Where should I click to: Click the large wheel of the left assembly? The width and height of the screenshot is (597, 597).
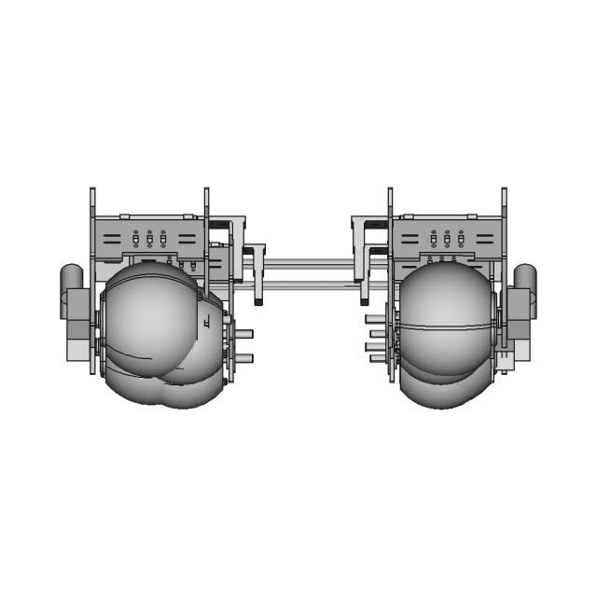(x=154, y=322)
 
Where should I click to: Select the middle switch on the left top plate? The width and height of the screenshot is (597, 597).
(x=149, y=239)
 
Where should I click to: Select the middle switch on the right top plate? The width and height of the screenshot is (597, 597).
(x=447, y=239)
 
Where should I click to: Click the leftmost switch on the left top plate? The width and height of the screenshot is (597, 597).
(x=136, y=239)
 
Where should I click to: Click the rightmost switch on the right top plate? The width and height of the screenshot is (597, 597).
(x=460, y=239)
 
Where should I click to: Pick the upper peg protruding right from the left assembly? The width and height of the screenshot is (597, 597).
(x=243, y=334)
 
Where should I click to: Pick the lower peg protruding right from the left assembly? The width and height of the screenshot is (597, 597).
(x=243, y=358)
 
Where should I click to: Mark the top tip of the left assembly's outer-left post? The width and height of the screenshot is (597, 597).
(x=92, y=190)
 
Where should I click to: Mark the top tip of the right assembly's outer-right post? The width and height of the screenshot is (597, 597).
(x=504, y=190)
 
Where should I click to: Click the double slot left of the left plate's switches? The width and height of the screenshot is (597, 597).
(x=111, y=239)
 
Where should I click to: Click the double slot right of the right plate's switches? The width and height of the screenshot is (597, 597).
(x=485, y=239)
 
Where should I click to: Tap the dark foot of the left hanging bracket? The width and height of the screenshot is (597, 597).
(x=258, y=302)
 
